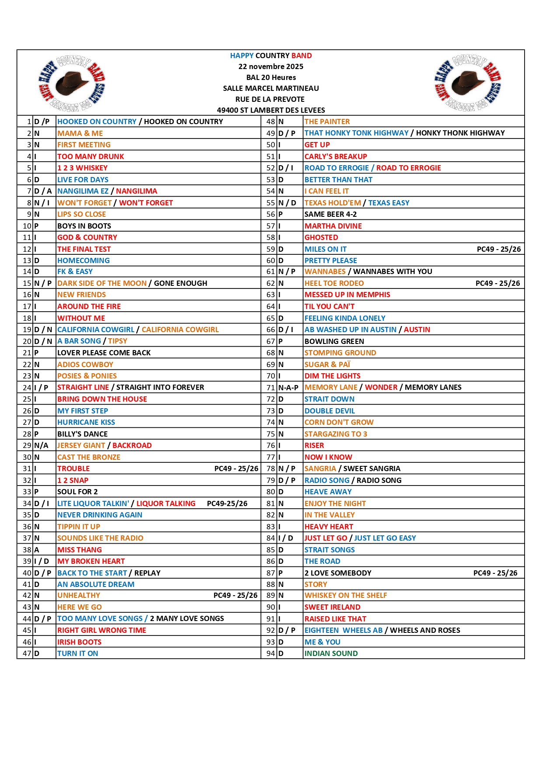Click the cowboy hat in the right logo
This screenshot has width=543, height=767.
pos(468,82)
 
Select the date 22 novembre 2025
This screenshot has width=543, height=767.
pos(271,66)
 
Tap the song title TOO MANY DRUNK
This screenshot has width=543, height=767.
pos(91,156)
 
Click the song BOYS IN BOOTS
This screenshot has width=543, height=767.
pos(84,226)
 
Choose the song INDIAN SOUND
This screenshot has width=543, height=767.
pos(331,653)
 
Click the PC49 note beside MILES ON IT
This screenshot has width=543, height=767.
pos(498,249)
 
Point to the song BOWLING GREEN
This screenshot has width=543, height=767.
pos(334,341)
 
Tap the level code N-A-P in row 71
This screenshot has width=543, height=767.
pos(288,388)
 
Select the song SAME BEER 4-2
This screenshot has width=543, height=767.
pos(330,214)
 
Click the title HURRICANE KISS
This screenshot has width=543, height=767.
pos(86,422)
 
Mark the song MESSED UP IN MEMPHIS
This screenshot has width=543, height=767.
pos(347,295)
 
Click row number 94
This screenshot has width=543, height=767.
pos(271,653)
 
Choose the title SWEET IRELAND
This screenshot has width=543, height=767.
pos(332,607)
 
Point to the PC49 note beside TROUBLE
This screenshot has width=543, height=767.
pos(236,469)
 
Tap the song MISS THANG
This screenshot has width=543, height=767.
pos(80,550)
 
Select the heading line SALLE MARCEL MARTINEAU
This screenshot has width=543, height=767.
pos(271,88)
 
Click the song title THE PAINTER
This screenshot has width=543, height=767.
pos(327,121)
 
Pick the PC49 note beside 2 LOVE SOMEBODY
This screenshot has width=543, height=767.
pos(495,573)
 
